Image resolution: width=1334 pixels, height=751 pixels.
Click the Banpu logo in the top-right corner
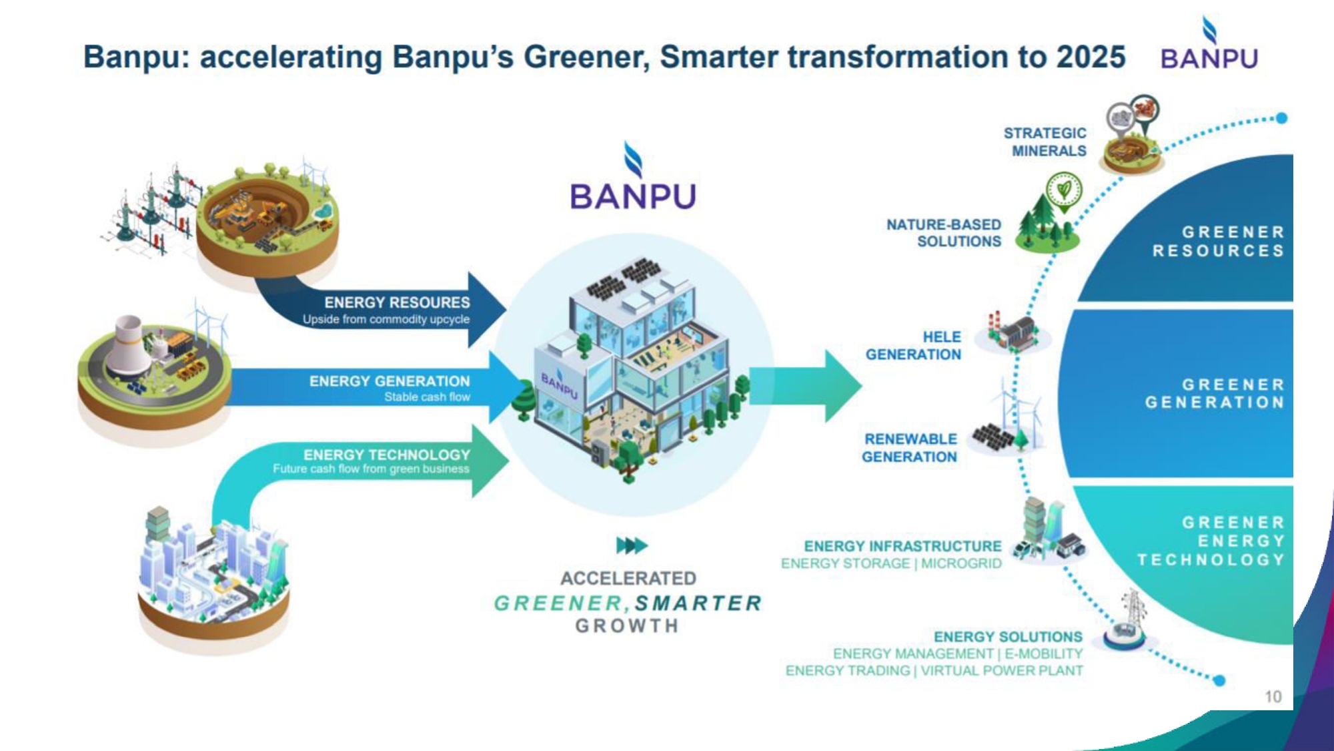(1209, 43)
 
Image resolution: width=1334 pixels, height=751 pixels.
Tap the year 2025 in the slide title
(1091, 57)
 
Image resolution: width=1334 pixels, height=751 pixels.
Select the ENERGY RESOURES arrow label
(397, 302)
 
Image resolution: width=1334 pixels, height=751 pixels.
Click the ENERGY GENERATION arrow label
(390, 381)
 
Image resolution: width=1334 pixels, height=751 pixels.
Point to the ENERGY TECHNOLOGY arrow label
(387, 455)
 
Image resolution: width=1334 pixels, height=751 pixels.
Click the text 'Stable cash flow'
(427, 397)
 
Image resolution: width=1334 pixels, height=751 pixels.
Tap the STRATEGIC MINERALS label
(1045, 142)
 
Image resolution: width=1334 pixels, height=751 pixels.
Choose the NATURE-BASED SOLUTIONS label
(944, 233)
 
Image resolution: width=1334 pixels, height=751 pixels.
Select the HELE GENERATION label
(913, 346)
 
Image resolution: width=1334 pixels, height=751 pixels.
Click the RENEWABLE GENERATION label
(909, 448)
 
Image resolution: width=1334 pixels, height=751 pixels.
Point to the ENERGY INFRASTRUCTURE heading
(902, 546)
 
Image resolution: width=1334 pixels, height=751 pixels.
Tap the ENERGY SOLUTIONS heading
(1008, 637)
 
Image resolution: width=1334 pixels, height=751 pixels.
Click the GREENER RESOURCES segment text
(1218, 241)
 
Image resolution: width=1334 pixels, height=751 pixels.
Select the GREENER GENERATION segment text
(1215, 393)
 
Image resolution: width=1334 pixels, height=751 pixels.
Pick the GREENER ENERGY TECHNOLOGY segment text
(1211, 541)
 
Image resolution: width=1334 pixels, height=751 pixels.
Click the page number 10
(1273, 697)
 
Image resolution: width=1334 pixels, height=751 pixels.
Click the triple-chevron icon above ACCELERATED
(632, 545)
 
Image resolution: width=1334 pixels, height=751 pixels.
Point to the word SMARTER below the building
(698, 603)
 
